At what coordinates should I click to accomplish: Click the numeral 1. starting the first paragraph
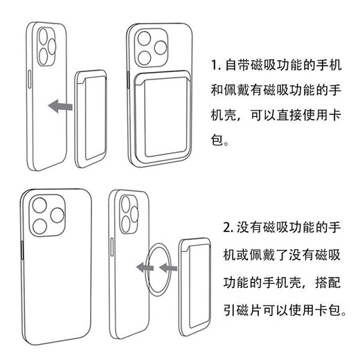(x=215, y=67)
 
